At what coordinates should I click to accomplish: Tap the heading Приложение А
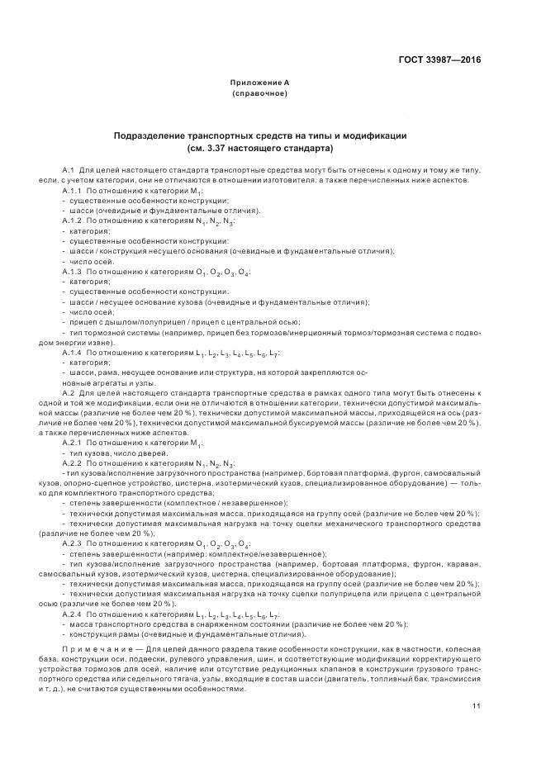coord(259,83)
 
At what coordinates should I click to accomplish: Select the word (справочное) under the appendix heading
coord(259,94)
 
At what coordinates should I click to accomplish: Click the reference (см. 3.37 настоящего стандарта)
coord(259,149)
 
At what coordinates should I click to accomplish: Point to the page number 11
coord(477,706)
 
